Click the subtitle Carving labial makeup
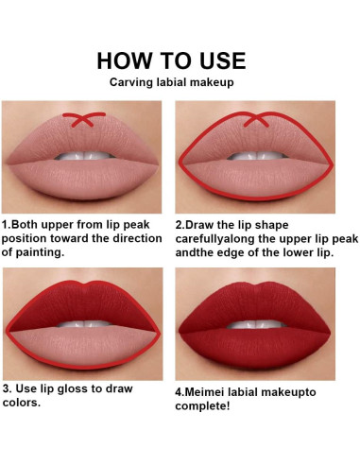(x=171, y=83)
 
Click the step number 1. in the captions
(x=8, y=226)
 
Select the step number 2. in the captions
(x=181, y=226)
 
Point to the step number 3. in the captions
(x=9, y=387)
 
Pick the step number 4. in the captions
(x=181, y=387)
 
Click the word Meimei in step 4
(x=211, y=387)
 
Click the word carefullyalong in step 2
(x=225, y=239)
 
